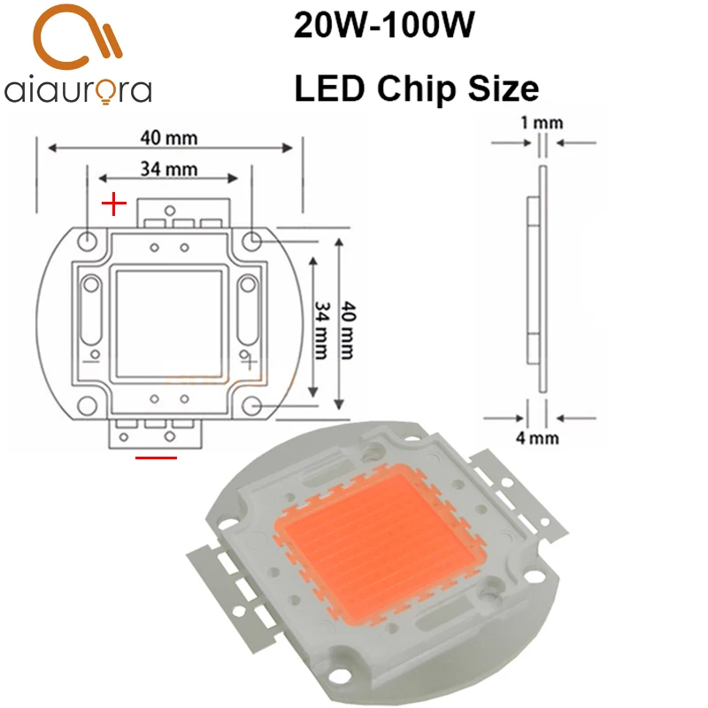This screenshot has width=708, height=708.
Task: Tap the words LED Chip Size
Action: pos(415,88)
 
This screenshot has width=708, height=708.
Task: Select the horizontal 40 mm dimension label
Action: pos(168,137)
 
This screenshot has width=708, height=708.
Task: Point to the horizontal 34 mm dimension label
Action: pos(168,168)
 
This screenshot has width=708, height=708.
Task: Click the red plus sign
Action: pos(114,205)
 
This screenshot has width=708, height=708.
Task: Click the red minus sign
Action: pos(156,458)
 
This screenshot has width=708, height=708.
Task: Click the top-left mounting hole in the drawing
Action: pos(88,240)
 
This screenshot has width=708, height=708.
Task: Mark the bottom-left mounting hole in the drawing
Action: pos(88,405)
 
